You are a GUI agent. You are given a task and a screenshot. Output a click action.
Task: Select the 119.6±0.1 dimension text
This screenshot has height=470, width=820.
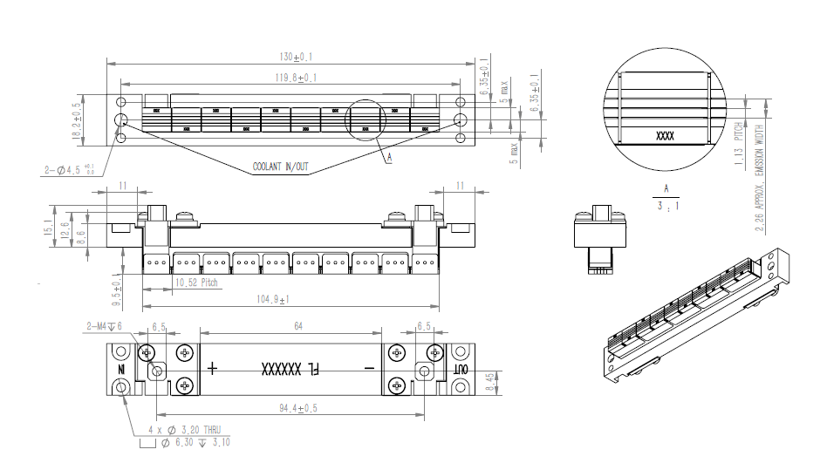click(296, 78)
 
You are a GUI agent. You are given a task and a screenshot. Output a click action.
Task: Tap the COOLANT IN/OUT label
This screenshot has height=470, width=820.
click(280, 166)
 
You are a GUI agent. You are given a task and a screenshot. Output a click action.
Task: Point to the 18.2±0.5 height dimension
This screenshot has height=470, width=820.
click(77, 119)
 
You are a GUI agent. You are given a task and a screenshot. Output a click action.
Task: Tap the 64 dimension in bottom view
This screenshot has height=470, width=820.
click(297, 326)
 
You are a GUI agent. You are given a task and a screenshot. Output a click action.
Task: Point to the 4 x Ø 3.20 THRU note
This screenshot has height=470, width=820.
click(184, 430)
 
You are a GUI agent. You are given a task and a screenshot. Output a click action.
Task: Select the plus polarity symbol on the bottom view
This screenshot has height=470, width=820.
click(212, 368)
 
